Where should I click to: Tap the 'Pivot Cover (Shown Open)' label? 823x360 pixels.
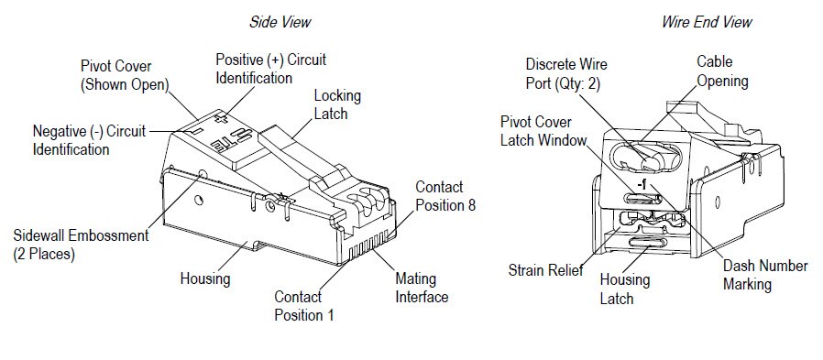(x=124, y=76)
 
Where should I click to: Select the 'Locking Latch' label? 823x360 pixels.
(x=337, y=104)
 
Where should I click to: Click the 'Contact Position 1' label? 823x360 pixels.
(x=303, y=306)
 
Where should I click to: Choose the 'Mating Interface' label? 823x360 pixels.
(x=422, y=288)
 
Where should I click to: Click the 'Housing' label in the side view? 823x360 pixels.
(x=204, y=278)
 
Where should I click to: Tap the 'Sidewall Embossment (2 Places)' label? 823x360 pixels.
(x=81, y=245)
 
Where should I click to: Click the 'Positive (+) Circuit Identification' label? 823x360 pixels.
(x=270, y=69)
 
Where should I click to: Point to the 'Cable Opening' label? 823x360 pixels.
(x=722, y=72)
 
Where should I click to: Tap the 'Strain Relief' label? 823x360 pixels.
(x=545, y=271)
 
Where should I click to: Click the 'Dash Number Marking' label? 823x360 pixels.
(x=764, y=275)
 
